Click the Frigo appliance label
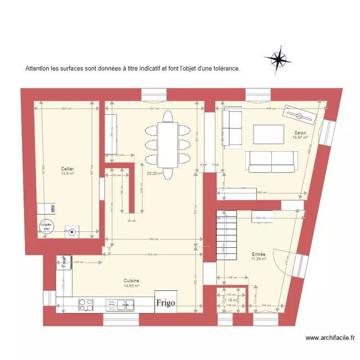pyautogui.click(x=165, y=302)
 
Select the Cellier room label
pyautogui.click(x=67, y=168)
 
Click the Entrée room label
pyautogui.click(x=259, y=254)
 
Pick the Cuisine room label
pyautogui.click(x=132, y=280)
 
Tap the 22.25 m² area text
pyautogui.click(x=155, y=174)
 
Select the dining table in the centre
pyautogui.click(x=168, y=144)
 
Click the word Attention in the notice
pyautogui.click(x=37, y=69)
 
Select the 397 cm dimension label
pyautogui.click(x=154, y=109)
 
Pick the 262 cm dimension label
pyautogui.click(x=67, y=109)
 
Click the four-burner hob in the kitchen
pyautogui.click(x=86, y=305)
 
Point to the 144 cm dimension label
pyautogui.click(x=266, y=305)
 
